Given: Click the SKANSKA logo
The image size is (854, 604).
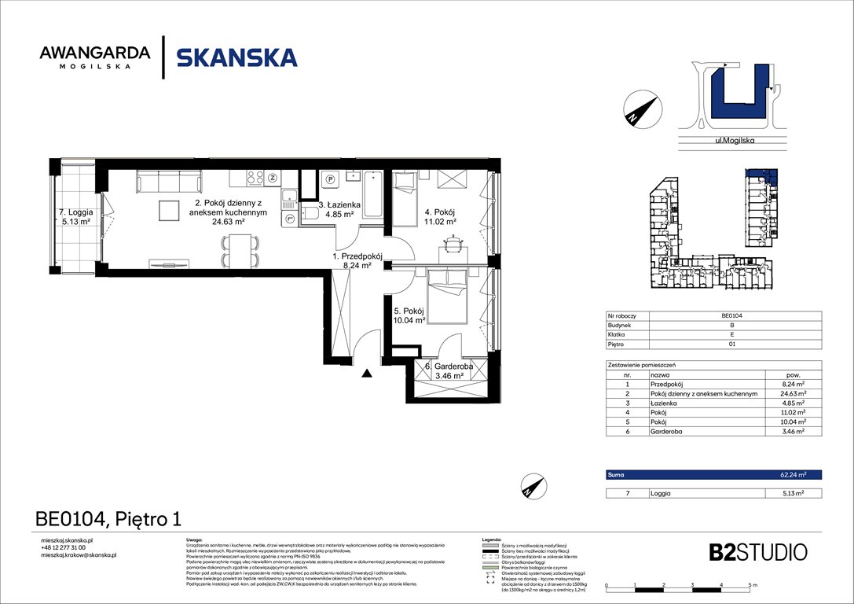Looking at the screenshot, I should (236, 58).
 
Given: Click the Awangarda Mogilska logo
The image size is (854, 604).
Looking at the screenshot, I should (94, 57).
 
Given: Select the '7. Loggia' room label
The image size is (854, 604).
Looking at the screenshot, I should (76, 217).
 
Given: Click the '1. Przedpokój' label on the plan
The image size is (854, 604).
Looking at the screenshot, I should (356, 261).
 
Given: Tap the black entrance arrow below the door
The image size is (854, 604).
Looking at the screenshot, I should (367, 374).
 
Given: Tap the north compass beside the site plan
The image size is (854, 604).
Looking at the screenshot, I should (641, 108).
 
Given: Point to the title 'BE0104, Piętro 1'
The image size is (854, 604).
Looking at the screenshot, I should (108, 519).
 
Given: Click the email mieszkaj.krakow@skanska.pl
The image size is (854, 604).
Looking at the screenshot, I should (78, 555).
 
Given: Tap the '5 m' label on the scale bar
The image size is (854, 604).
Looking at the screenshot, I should (752, 586).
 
